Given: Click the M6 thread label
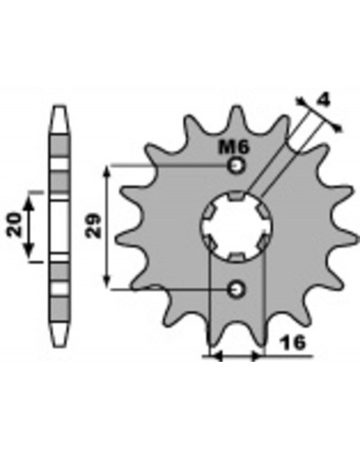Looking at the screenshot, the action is (x=233, y=148).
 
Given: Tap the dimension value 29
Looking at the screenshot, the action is (x=94, y=226).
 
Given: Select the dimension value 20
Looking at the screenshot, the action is (x=14, y=225).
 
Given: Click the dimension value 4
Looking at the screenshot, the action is (x=323, y=100).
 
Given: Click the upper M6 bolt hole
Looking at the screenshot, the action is (x=237, y=166).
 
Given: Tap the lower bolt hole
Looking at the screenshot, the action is (x=237, y=290).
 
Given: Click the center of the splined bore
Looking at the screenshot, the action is (x=237, y=227).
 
